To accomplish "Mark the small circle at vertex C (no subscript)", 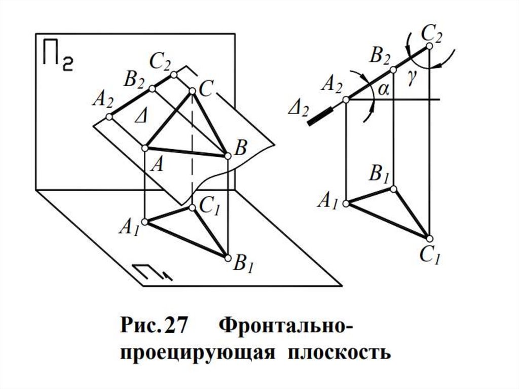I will pyautogui.click(x=192, y=91).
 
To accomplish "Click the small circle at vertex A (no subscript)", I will pyautogui.click(x=144, y=148).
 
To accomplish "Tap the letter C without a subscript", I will pyautogui.click(x=205, y=88).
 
